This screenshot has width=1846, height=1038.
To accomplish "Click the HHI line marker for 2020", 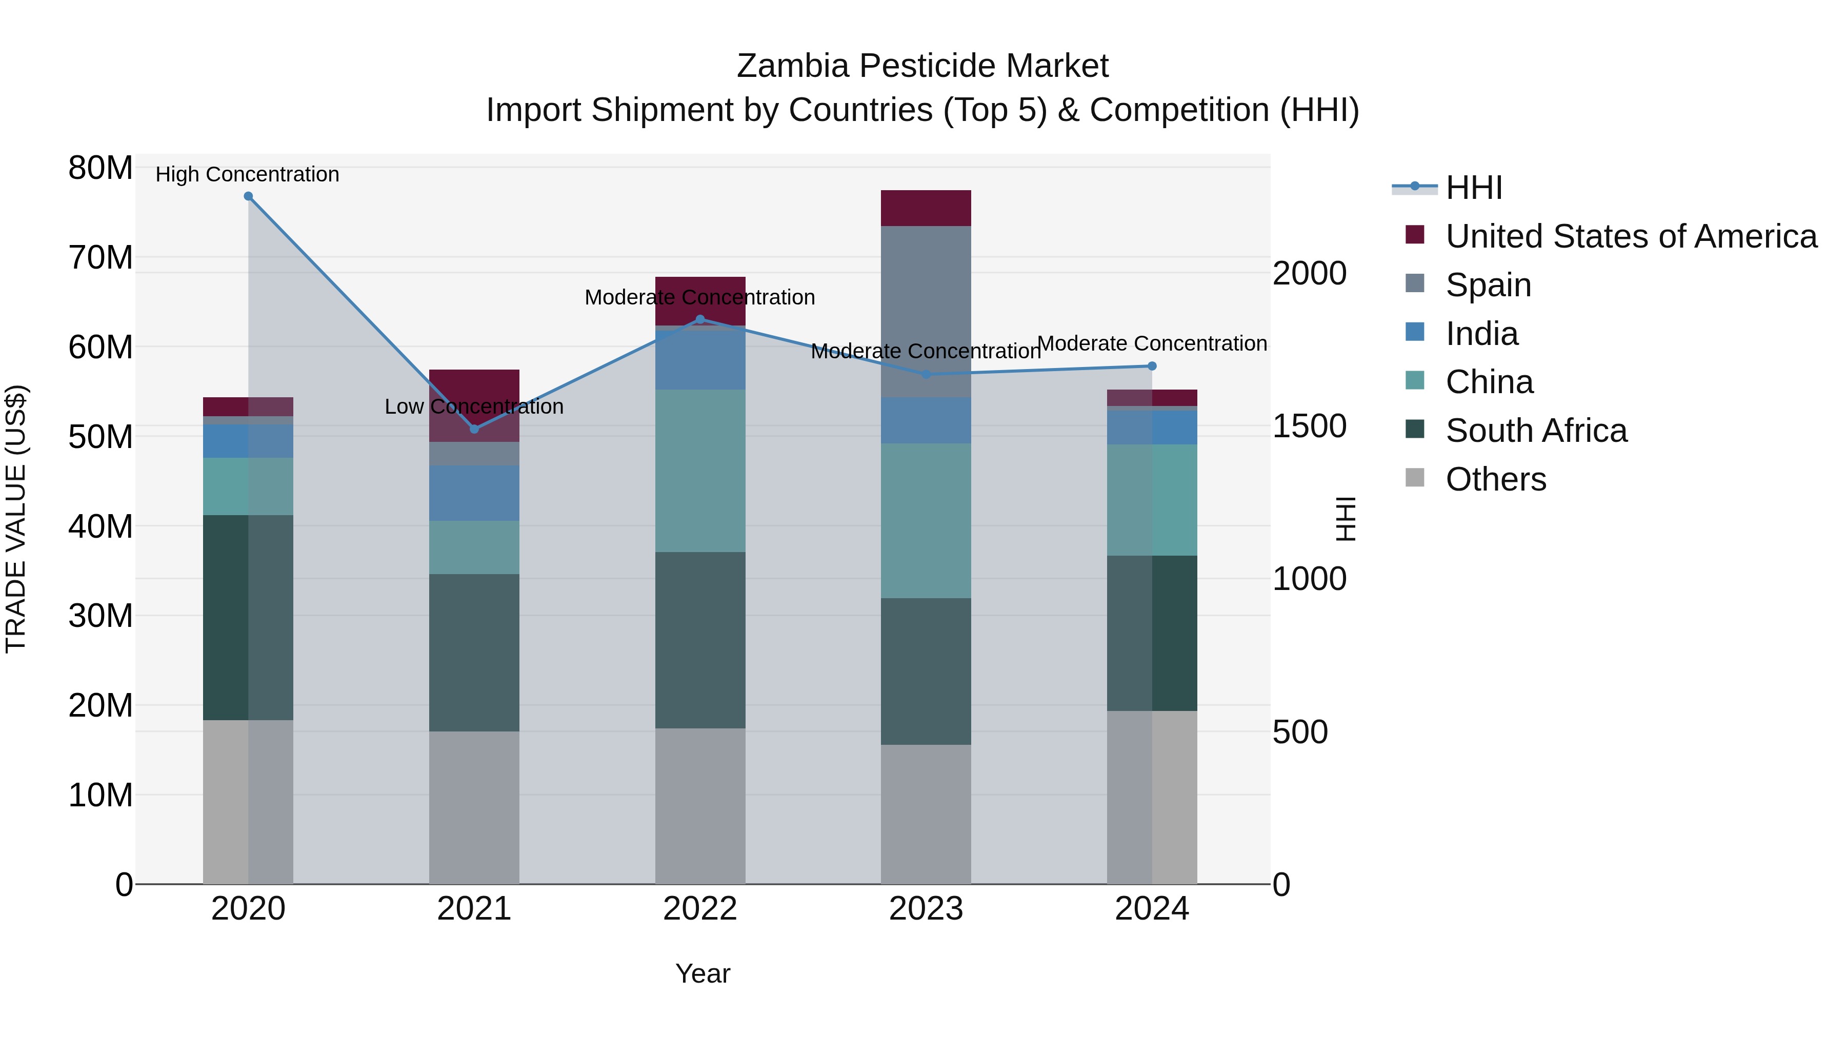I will pyautogui.click(x=248, y=196).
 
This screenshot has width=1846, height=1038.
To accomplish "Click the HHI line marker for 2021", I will pyautogui.click(x=474, y=429).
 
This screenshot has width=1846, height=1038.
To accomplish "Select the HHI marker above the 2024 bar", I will pyautogui.click(x=1152, y=366).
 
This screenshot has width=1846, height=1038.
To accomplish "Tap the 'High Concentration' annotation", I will pyautogui.click(x=247, y=174).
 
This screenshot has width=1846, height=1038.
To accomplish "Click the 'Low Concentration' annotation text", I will pyautogui.click(x=474, y=406).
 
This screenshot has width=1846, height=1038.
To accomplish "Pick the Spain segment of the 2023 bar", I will pyautogui.click(x=925, y=312).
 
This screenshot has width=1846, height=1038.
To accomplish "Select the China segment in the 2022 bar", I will pyautogui.click(x=700, y=471).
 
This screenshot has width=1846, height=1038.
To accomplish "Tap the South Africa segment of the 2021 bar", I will pyautogui.click(x=474, y=652).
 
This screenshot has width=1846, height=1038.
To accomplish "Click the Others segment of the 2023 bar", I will pyautogui.click(x=925, y=814).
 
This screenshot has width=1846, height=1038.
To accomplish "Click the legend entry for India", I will pyautogui.click(x=1481, y=334).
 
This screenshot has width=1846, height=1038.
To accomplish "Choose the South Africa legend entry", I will pyautogui.click(x=1536, y=431).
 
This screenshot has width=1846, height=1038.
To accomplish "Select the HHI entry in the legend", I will pyautogui.click(x=1473, y=188).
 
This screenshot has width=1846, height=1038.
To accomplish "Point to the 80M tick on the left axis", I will pyautogui.click(x=101, y=168).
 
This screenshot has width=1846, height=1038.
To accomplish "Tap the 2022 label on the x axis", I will pyautogui.click(x=699, y=909).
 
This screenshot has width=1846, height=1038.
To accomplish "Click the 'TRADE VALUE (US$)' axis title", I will pyautogui.click(x=16, y=519).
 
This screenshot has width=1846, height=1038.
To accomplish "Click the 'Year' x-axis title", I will pyautogui.click(x=703, y=973).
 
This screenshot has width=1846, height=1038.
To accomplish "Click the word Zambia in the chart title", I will pyautogui.click(x=792, y=66).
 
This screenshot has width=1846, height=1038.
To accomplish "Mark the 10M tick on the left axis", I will pyautogui.click(x=101, y=795).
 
